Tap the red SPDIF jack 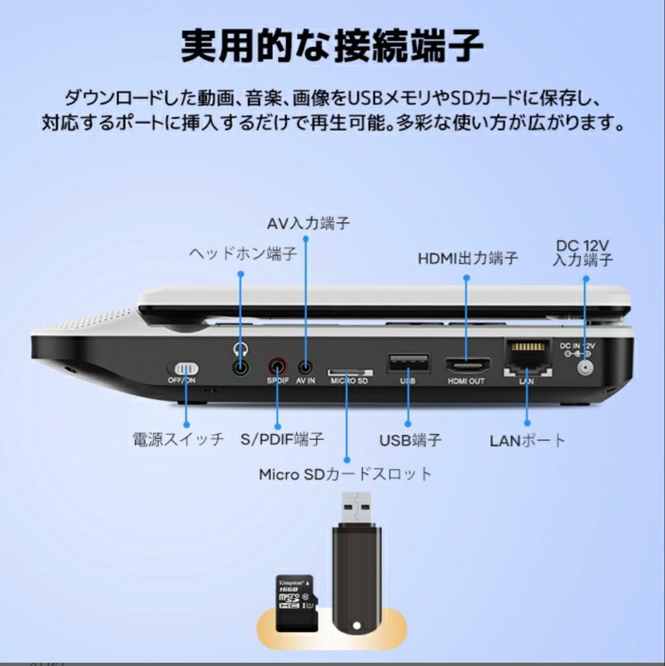278,368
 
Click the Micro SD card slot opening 349,372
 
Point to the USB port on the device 408,363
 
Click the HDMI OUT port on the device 466,365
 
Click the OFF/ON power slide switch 183,368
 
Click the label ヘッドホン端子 242,254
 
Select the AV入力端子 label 308,223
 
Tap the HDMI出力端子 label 468,258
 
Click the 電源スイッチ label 178,440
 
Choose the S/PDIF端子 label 281,440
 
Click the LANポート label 527,440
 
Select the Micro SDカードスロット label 345,474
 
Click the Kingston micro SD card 295,602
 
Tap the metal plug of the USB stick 356,508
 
